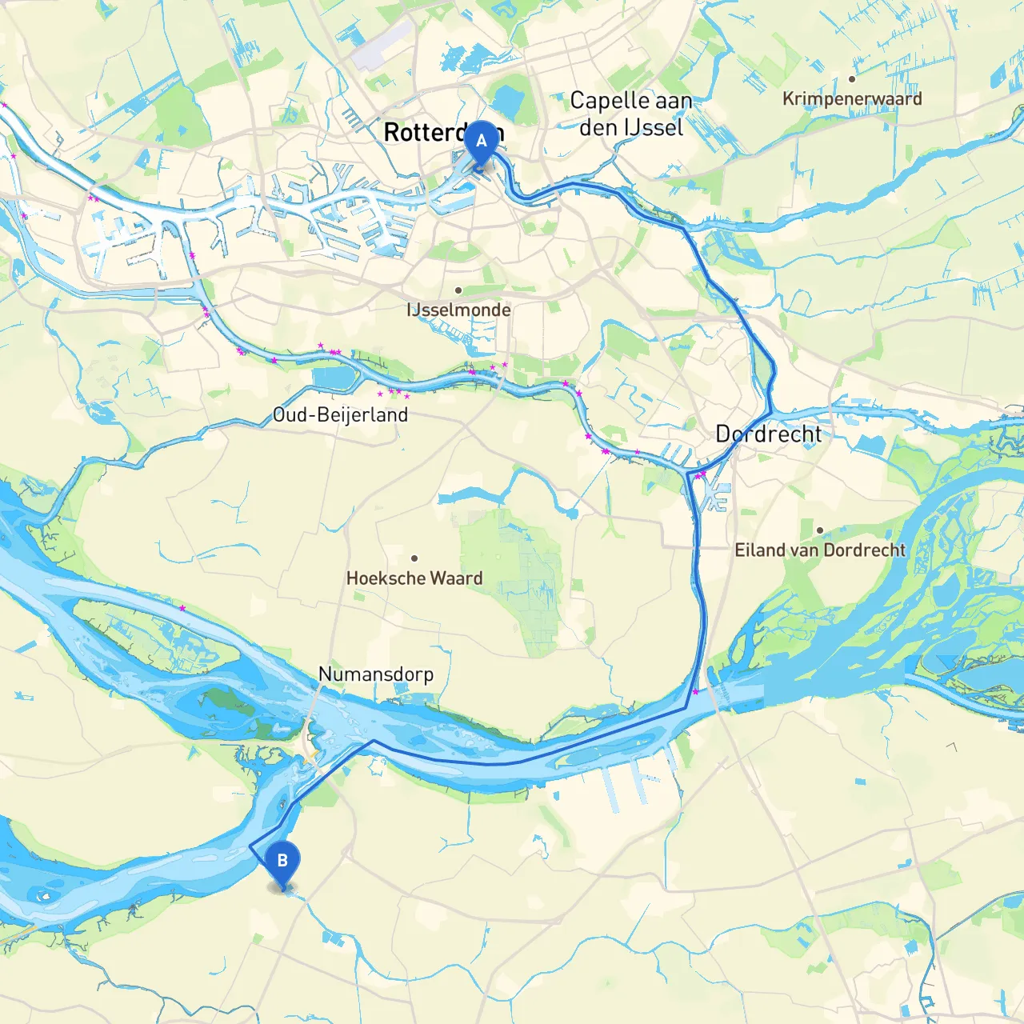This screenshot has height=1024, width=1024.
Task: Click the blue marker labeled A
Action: (481, 142)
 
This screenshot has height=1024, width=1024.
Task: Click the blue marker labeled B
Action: (282, 862)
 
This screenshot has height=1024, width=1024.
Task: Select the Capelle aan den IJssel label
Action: (631, 114)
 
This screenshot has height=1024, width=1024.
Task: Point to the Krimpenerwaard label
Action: (852, 98)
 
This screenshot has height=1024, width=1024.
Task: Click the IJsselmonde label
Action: (458, 310)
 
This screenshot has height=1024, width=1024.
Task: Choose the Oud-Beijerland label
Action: (340, 414)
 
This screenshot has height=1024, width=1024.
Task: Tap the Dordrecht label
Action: (768, 434)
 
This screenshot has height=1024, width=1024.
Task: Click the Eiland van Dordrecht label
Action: (820, 550)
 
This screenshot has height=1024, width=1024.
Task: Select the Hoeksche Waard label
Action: (414, 578)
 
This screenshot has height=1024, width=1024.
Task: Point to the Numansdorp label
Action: (376, 674)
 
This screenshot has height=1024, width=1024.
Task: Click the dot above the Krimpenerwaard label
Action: (852, 79)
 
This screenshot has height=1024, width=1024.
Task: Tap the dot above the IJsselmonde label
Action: (458, 290)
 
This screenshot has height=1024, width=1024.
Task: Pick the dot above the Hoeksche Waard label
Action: (414, 558)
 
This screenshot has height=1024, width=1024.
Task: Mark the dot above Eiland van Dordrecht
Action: (820, 530)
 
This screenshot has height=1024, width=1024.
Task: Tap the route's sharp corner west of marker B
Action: (251, 846)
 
